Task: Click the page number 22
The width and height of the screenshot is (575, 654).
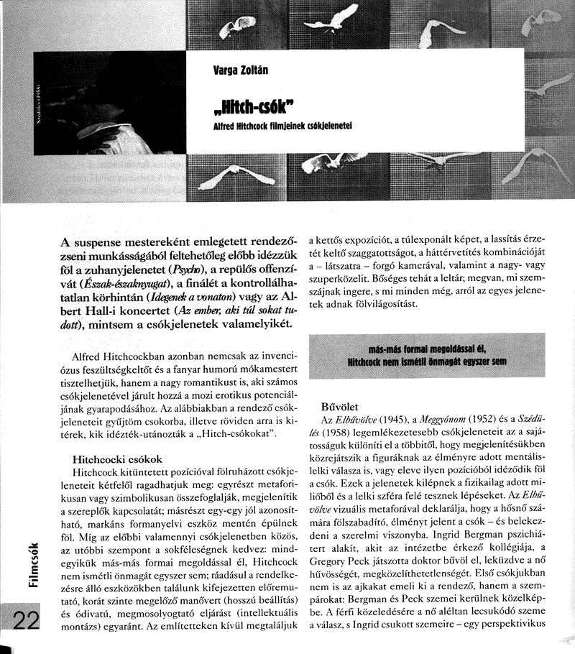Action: [25, 622]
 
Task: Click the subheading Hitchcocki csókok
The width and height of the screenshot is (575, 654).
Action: [118, 458]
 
